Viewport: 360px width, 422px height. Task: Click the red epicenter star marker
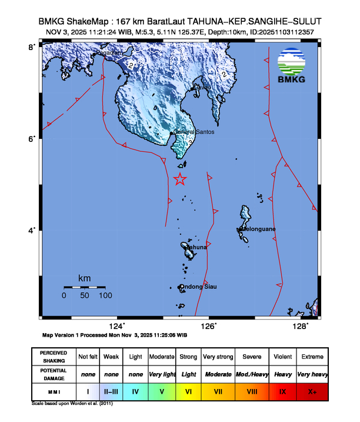coord(180,180)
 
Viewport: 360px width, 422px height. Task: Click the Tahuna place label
coord(196,248)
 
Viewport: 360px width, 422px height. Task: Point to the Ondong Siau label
coord(198,287)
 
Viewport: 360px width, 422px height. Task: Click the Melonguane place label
coord(257,228)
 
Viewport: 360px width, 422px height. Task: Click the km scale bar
coord(85,287)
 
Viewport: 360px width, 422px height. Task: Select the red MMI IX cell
coord(282,390)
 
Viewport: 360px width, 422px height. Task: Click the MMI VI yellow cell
coord(189,390)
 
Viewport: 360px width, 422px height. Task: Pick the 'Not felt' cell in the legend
coord(87,357)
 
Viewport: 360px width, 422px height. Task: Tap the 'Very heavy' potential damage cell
coord(312,374)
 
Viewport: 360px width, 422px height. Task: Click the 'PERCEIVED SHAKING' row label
coord(53,357)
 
